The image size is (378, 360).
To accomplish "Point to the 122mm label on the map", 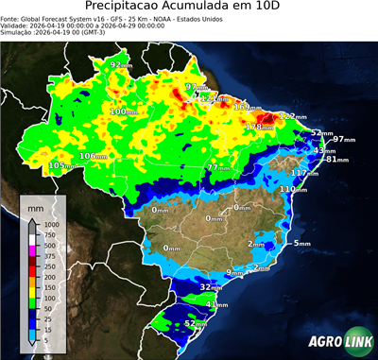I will pos(290,116).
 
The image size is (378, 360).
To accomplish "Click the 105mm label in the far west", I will pos(61,165).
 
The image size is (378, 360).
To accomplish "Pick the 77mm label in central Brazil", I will pos(219,167).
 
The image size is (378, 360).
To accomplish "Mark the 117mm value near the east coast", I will pos(304,173).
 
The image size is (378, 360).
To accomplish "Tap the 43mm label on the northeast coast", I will pos(324,151).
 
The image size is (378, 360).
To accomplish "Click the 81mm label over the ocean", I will pos(337,160).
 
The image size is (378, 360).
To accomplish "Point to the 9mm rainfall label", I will pos(230,272).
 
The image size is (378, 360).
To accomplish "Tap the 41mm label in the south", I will pos(218,305).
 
